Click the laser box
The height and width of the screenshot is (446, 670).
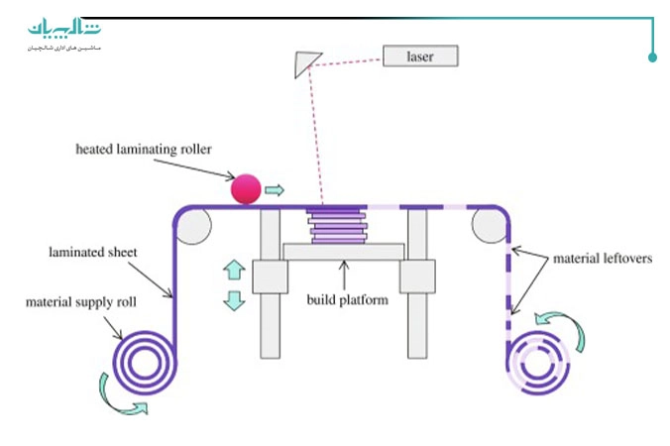click(421, 56)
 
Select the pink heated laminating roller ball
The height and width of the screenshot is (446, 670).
click(245, 187)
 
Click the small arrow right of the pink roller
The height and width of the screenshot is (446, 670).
click(275, 188)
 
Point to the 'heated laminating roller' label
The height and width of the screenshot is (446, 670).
click(144, 150)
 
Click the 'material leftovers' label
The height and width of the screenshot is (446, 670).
click(601, 258)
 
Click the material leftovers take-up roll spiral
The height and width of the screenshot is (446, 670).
click(539, 361)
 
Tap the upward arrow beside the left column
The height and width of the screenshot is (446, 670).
click(234, 269)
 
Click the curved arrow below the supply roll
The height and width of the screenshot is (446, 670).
click(125, 404)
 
